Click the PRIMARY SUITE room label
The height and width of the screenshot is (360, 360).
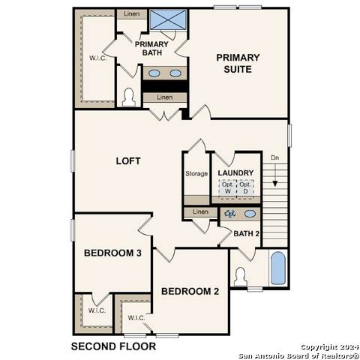point(238,63)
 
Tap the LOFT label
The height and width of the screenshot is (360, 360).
point(128,161)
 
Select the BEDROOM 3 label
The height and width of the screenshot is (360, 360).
point(112,253)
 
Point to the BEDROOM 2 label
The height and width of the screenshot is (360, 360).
point(190,291)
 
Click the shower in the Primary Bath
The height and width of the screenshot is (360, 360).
point(168,19)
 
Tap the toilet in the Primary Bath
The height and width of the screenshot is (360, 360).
point(129,97)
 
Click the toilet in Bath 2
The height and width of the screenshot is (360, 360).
point(241,277)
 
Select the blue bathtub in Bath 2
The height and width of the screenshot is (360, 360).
point(278,268)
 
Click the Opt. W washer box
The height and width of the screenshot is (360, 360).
point(228,188)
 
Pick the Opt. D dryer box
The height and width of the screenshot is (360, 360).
point(245,188)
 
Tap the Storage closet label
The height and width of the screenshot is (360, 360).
point(196,173)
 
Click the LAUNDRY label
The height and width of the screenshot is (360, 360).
point(235,173)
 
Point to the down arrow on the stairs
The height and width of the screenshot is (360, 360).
point(275,175)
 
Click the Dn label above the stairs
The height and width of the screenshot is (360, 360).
point(275,157)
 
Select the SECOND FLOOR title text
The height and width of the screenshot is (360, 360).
point(113,346)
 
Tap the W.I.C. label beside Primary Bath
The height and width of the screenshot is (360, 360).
point(98,58)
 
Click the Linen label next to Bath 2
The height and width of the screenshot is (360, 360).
point(200,211)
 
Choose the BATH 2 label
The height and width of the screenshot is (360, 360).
point(247,234)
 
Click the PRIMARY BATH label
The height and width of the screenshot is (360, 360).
point(151,49)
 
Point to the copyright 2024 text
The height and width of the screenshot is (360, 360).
point(329,347)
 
